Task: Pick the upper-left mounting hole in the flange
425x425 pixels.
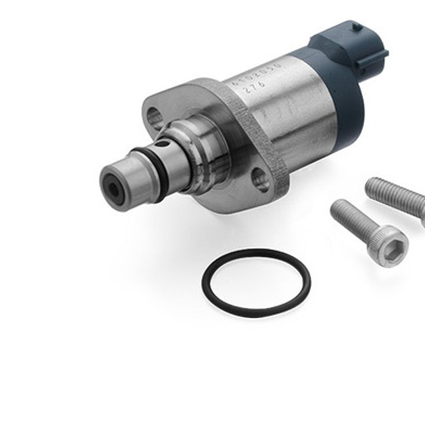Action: pyautogui.click(x=155, y=119)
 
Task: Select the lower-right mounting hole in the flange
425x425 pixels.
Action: pyautogui.click(x=260, y=180)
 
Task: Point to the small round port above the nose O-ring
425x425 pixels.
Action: pyautogui.click(x=163, y=144)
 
